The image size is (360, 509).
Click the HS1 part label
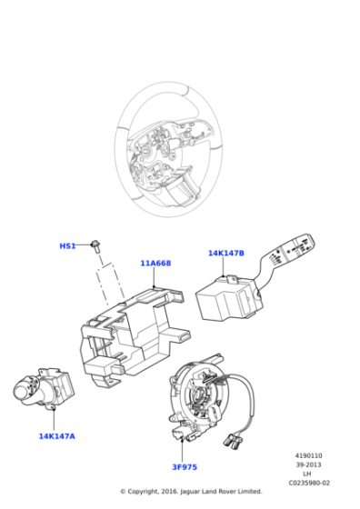tap(67, 246)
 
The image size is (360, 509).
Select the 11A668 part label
tap(155, 264)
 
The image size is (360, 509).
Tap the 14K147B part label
tap(226, 254)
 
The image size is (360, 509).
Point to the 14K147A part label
tap(56, 436)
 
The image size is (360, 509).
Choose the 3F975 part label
tap(185, 467)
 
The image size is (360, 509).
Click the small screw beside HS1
tap(95, 246)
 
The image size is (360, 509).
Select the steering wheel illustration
tap(168, 149)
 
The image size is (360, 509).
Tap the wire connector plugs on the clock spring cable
tap(233, 440)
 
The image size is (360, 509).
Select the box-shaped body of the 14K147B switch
tap(227, 299)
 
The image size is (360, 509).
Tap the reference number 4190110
tap(308, 455)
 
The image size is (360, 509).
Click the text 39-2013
tap(308, 464)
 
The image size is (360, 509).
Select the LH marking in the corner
tap(307, 474)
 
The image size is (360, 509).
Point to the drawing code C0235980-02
tap(309, 483)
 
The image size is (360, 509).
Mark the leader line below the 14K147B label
tap(224, 267)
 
